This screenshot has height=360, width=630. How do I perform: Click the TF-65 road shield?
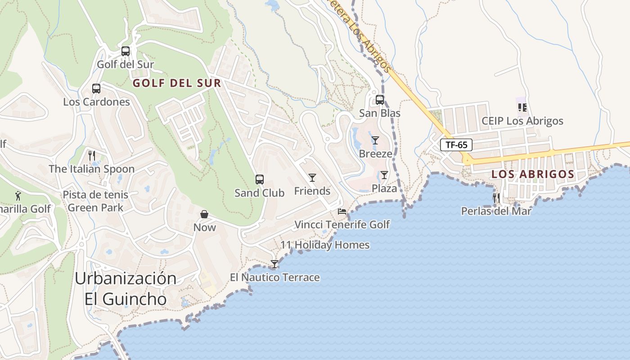[x=456, y=145]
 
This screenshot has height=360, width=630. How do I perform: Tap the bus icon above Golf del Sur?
[x=126, y=51]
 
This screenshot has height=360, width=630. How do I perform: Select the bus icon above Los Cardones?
[x=96, y=89]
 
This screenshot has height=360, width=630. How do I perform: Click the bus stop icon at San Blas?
[x=380, y=100]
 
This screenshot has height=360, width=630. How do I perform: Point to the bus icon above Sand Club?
[x=260, y=180]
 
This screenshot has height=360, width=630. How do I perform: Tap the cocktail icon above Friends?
[x=312, y=178]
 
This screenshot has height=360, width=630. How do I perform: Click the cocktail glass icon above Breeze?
[x=375, y=140]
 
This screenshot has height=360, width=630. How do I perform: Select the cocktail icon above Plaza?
[x=384, y=175]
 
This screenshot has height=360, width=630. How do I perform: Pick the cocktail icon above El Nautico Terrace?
[x=274, y=264]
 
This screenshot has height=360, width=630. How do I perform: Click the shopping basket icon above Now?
[x=205, y=214]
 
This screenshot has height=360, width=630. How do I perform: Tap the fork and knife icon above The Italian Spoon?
[x=92, y=156]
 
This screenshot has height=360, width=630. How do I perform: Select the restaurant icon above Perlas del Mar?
[x=496, y=198]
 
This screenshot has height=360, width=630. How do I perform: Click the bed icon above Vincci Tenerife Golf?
[x=342, y=211]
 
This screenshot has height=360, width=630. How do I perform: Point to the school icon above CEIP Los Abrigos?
[x=522, y=108]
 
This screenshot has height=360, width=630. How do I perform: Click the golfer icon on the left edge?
[x=18, y=196]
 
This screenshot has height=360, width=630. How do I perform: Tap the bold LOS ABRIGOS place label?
[x=533, y=174]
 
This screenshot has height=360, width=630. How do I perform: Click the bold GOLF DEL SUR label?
[x=177, y=83]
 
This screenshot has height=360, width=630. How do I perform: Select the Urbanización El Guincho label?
[x=126, y=288]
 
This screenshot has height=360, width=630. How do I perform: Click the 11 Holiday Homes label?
[x=325, y=245]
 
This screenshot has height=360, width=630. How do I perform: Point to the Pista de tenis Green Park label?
[x=95, y=201]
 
